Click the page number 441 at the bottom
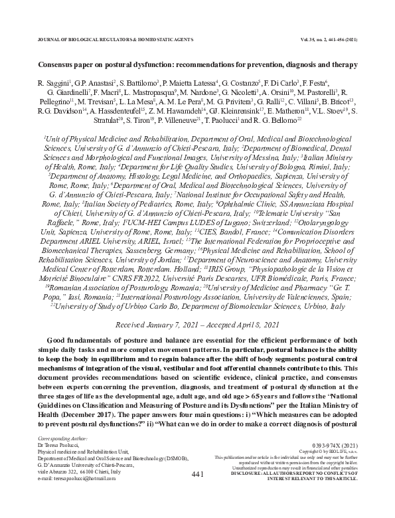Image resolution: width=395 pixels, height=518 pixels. coord(197,475)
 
